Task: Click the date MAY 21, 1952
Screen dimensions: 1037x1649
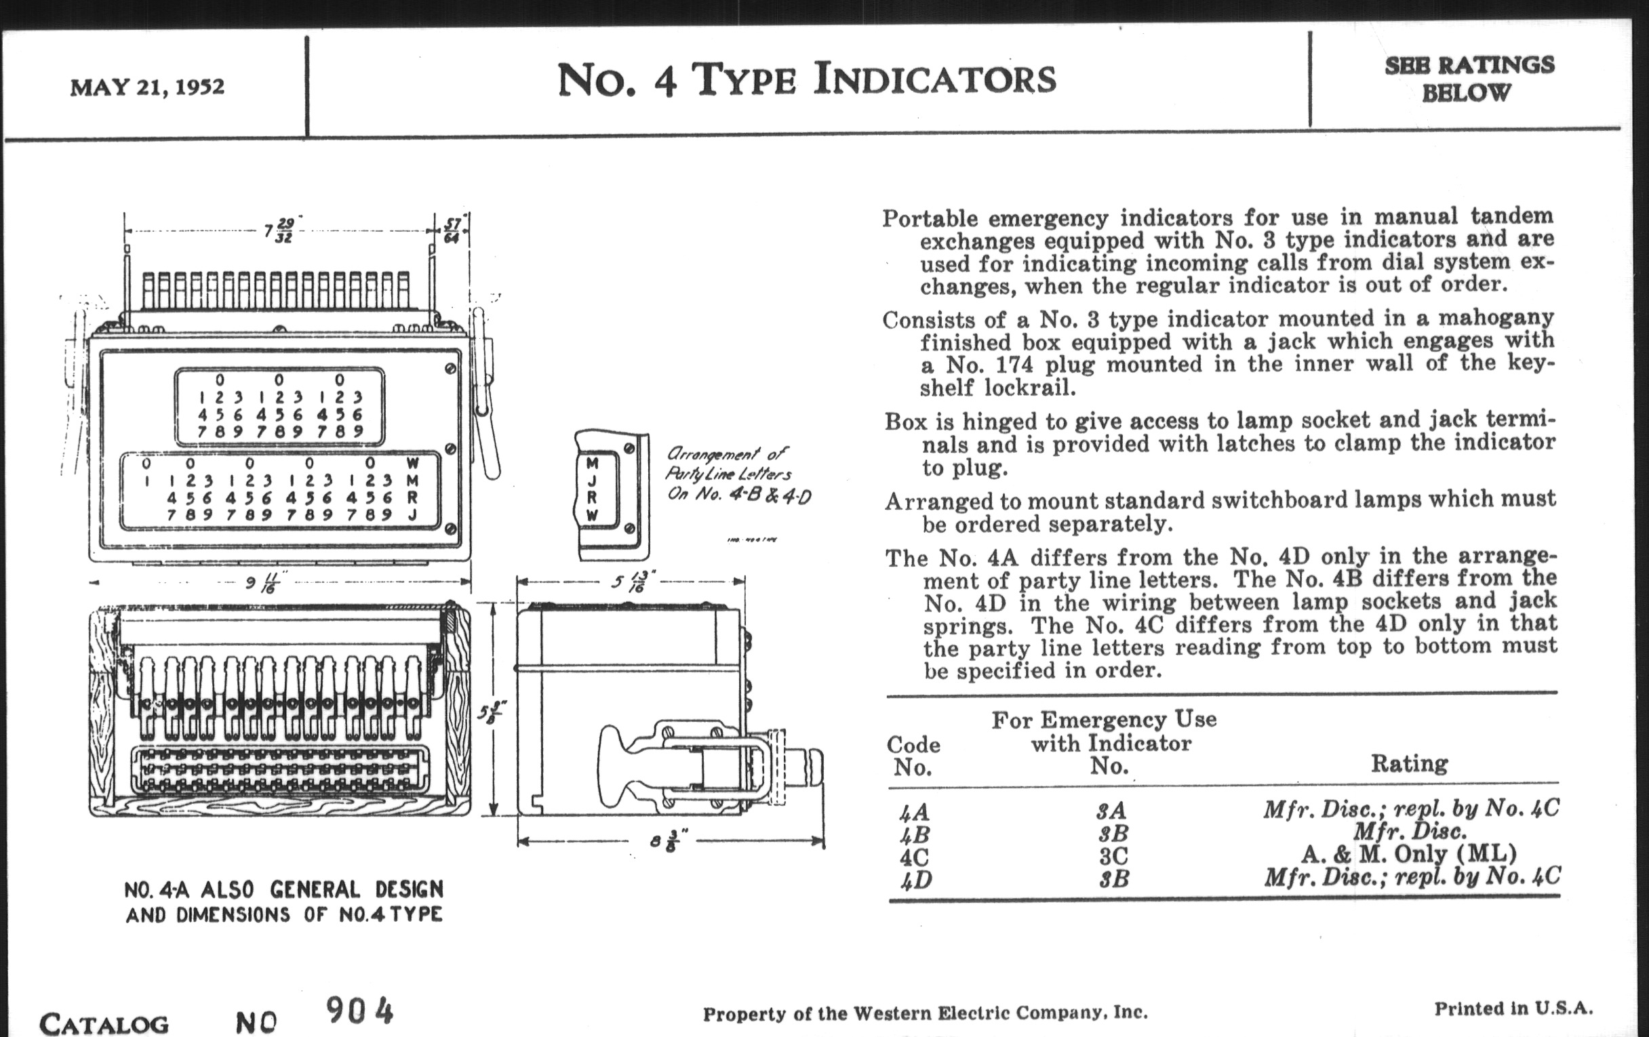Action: click(x=147, y=87)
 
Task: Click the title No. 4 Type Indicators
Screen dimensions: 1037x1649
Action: click(x=806, y=79)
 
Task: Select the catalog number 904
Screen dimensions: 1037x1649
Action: click(x=359, y=1011)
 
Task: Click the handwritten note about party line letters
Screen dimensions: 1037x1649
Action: click(x=738, y=474)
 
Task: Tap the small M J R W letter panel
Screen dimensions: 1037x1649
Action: click(x=592, y=490)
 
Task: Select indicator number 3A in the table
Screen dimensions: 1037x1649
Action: click(x=1111, y=811)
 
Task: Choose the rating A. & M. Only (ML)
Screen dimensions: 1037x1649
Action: click(x=1409, y=853)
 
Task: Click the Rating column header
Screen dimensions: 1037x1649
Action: click(x=1409, y=763)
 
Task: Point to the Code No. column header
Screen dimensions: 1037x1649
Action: click(x=913, y=756)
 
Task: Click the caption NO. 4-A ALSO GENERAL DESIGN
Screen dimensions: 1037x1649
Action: click(x=283, y=890)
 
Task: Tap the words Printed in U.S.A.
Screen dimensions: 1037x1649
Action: click(x=1513, y=1009)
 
